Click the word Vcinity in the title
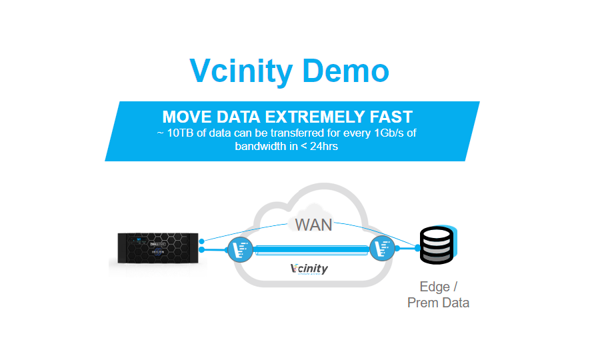pyautogui.click(x=240, y=70)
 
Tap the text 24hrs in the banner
pyautogui.click(x=320, y=146)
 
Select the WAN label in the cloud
pyautogui.click(x=313, y=225)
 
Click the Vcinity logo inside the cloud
pyautogui.click(x=309, y=269)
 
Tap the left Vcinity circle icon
pyautogui.click(x=239, y=249)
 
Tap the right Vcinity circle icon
pyautogui.click(x=383, y=249)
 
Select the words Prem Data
pyautogui.click(x=438, y=303)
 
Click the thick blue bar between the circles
pyautogui.click(x=311, y=249)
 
